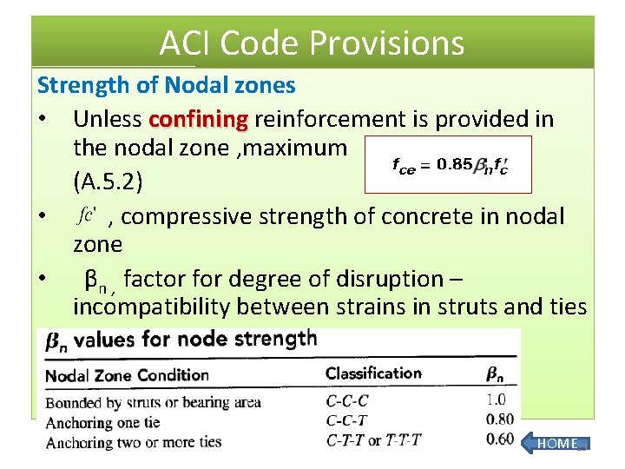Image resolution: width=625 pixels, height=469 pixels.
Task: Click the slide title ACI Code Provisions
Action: [x=312, y=43]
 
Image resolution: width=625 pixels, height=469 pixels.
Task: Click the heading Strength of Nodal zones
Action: [x=166, y=85]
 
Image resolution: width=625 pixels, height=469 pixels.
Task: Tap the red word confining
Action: [x=199, y=118]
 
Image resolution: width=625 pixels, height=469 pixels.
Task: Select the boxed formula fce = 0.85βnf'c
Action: [x=448, y=163]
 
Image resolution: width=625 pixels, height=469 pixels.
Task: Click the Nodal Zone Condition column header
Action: [x=127, y=375]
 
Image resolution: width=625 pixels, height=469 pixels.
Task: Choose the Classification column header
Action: [x=373, y=373]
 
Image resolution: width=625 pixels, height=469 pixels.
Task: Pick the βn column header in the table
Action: [x=495, y=374]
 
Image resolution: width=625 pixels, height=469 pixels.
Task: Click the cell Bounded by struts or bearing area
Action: [x=153, y=402]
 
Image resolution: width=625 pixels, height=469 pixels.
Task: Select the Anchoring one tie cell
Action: [x=102, y=422]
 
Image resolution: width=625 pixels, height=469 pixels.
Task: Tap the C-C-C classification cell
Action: [x=347, y=401]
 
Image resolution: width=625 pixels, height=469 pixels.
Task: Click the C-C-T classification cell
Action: [x=347, y=421]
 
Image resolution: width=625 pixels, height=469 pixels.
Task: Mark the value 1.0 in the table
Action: [x=495, y=400]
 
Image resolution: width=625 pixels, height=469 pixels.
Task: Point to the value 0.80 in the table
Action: [x=499, y=420]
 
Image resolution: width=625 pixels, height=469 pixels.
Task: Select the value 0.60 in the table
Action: [x=499, y=439]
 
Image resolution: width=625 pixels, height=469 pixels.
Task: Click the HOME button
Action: [x=556, y=444]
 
